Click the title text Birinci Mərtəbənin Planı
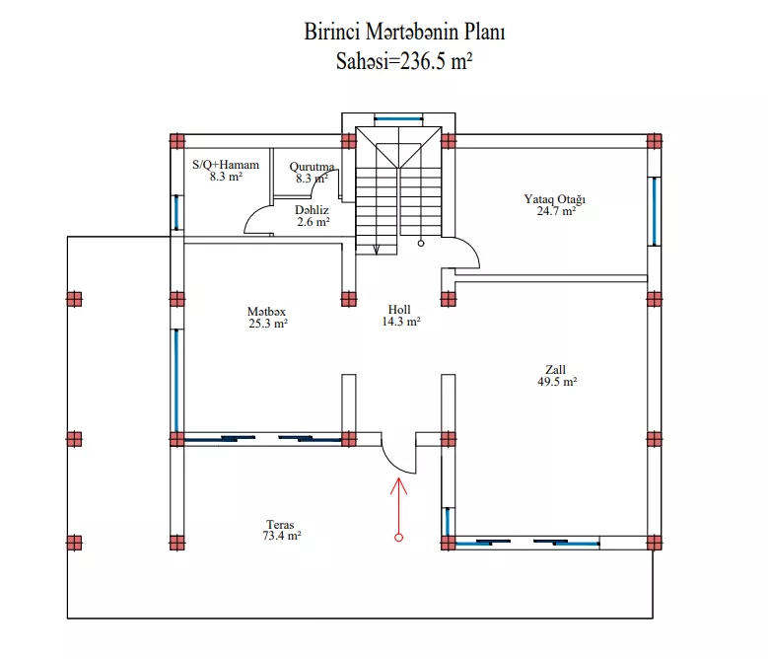(404, 33)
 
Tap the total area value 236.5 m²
(436, 62)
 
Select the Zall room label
(555, 369)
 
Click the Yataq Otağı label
(554, 199)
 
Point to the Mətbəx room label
(266, 312)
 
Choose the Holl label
(399, 310)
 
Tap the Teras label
(280, 525)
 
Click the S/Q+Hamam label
(226, 165)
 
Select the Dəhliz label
(312, 210)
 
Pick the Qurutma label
(312, 167)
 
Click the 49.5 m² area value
(557, 382)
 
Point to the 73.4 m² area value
(282, 536)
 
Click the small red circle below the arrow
(398, 538)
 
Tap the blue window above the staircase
(398, 118)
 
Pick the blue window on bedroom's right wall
(655, 211)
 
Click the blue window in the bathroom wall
(176, 212)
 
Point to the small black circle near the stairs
(421, 243)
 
